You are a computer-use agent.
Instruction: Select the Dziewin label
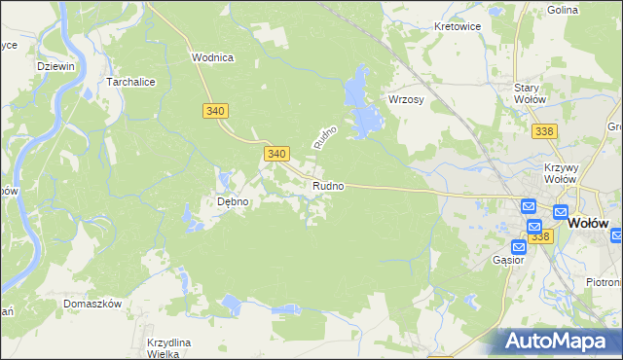click(x=55, y=66)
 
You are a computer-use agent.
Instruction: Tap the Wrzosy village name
click(x=408, y=100)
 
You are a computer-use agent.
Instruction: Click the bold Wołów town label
click(x=587, y=221)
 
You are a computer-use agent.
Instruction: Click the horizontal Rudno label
click(x=327, y=186)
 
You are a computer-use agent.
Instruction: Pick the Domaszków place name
click(x=92, y=304)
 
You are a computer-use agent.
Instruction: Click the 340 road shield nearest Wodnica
click(x=216, y=112)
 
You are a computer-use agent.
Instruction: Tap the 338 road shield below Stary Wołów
click(x=544, y=130)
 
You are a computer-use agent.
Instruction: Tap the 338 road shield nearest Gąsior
click(x=541, y=236)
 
